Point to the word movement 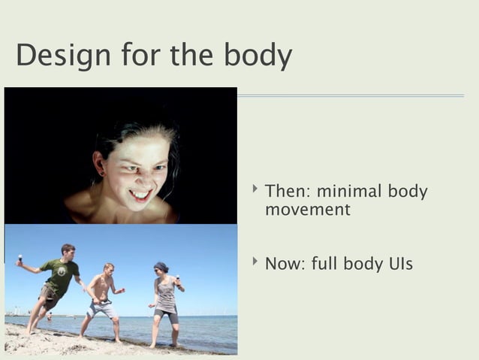click(x=307, y=210)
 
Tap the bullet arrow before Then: click(x=256, y=190)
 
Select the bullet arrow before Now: click(x=256, y=263)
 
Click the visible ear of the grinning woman click(x=98, y=161)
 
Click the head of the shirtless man click(x=109, y=268)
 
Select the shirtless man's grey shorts click(x=102, y=308)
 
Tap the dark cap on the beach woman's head click(x=161, y=265)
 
